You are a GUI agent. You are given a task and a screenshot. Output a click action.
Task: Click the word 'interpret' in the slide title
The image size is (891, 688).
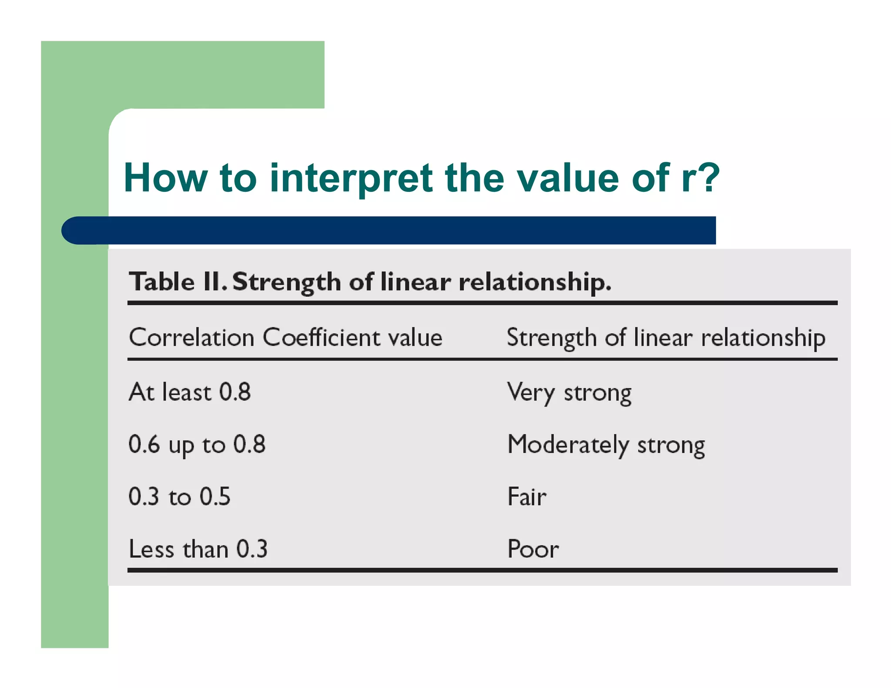click(x=351, y=178)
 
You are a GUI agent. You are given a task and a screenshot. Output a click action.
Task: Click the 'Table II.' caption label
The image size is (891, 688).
click(x=178, y=282)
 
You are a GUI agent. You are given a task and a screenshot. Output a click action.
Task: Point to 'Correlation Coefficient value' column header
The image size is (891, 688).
click(x=285, y=337)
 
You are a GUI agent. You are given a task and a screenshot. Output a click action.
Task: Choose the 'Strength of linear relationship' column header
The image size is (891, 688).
click(x=666, y=338)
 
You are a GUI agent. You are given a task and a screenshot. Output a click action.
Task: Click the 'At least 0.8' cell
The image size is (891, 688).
click(x=190, y=392)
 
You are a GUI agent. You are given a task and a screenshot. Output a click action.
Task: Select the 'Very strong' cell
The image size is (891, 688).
click(x=569, y=393)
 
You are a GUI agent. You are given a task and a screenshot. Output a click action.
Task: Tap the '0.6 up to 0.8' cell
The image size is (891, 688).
click(x=197, y=444)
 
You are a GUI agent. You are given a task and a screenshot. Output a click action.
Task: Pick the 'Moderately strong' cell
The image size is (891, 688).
click(x=606, y=445)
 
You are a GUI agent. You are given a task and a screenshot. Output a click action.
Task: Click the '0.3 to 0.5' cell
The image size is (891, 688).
click(x=179, y=496)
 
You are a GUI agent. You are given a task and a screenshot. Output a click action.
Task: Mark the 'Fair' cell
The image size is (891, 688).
click(x=527, y=496)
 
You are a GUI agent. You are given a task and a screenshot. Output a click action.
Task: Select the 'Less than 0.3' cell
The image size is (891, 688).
click(x=198, y=549)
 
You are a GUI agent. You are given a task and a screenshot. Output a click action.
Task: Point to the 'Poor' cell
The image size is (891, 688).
click(x=533, y=549)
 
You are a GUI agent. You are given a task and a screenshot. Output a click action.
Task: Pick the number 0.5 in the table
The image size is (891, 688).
click(x=215, y=496)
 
